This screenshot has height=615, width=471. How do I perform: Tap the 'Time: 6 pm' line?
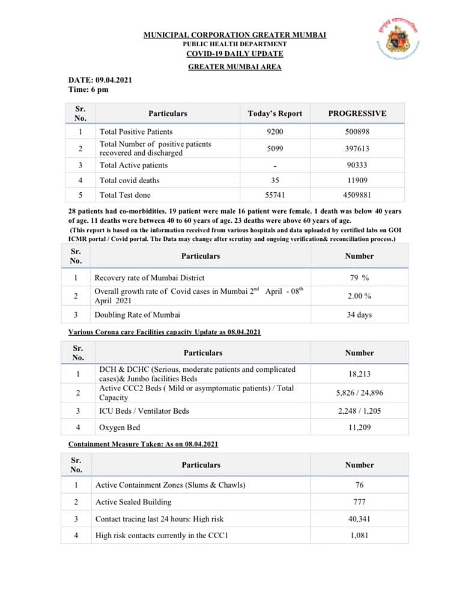(88, 89)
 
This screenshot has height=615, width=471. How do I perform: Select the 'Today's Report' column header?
(275, 113)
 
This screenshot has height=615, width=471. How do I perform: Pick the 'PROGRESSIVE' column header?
(357, 113)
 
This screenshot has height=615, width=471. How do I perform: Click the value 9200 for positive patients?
(275, 132)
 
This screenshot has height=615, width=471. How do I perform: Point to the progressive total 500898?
(357, 132)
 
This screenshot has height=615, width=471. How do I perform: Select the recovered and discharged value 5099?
(275, 148)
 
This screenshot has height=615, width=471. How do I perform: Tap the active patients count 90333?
(357, 165)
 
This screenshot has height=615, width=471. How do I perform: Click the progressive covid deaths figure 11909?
(357, 180)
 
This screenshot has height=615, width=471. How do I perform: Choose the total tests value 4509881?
(357, 195)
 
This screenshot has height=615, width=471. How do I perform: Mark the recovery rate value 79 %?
(359, 277)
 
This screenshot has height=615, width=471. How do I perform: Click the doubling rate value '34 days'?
(359, 315)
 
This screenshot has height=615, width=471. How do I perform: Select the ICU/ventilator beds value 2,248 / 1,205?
(359, 411)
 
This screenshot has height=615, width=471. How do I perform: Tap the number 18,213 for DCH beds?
(359, 374)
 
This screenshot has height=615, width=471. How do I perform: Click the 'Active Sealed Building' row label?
(133, 501)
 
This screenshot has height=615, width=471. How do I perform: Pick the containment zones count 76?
(359, 485)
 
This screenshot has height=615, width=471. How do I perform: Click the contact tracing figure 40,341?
(359, 518)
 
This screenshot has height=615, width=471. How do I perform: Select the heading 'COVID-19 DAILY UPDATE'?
(234, 54)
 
